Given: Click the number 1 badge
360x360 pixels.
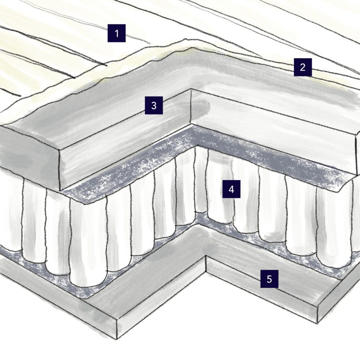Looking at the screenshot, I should pos(117,33).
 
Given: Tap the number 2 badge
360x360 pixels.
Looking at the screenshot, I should pos(303,67).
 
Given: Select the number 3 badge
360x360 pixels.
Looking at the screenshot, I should pos(153,106).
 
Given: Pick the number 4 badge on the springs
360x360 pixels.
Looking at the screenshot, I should pos(231,189).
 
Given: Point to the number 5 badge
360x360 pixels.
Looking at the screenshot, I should pos(269,279).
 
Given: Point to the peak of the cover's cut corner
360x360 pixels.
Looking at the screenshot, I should pos(190,42).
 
